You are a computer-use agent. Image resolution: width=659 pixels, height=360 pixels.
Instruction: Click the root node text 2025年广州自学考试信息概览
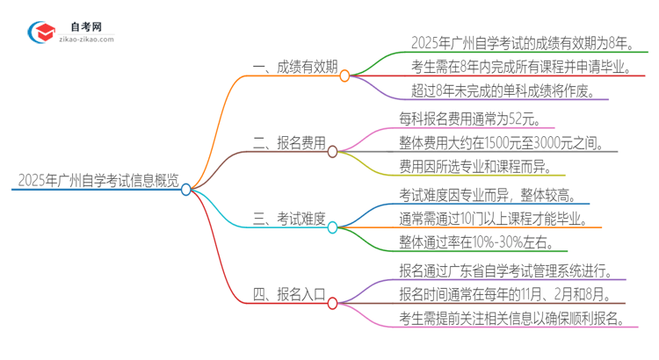pyautogui.click(x=97, y=181)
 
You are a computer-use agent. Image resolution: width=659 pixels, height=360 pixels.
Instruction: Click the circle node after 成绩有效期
pyautogui.click(x=344, y=76)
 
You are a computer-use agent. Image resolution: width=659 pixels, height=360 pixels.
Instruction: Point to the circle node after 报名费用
pyautogui.click(x=333, y=152)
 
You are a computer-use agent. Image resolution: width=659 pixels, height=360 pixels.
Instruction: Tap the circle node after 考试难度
pyautogui.click(x=333, y=227)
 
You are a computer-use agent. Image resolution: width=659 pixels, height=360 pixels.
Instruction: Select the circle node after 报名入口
pyautogui.click(x=333, y=303)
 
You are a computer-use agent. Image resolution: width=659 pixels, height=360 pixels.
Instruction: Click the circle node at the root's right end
pyautogui.click(x=186, y=189)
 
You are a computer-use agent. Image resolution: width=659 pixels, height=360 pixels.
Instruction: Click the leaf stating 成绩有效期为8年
pyautogui.click(x=522, y=42)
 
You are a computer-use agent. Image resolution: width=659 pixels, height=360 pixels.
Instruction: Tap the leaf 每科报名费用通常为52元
pyautogui.click(x=470, y=118)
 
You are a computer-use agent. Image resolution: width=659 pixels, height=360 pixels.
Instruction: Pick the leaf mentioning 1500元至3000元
pyautogui.click(x=500, y=142)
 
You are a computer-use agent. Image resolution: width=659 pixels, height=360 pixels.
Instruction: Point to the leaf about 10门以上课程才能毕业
pyautogui.click(x=494, y=218)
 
